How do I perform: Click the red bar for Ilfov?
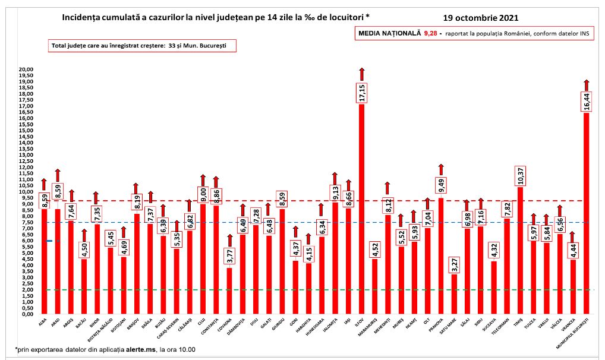[x=361, y=208]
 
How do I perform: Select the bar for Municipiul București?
[x=586, y=214]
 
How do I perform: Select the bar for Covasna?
[x=229, y=291]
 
